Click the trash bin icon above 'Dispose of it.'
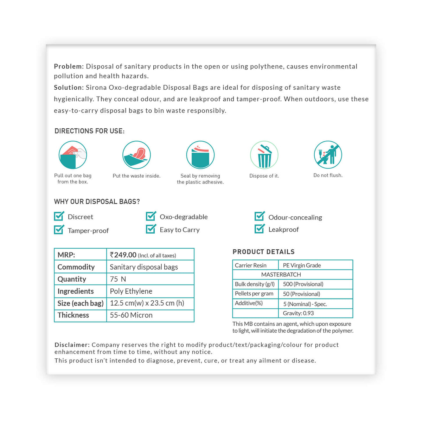(264, 155)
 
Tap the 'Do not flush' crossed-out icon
(328, 155)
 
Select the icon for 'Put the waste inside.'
(136, 155)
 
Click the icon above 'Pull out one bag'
(73, 155)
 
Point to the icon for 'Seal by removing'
(200, 155)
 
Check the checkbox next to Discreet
(59, 216)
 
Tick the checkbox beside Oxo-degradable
(151, 216)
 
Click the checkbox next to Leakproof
(260, 229)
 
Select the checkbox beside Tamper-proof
(59, 230)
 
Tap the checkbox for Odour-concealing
(260, 216)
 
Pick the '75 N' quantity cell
(118, 279)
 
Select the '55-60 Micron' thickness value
(131, 315)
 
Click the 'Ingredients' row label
(76, 291)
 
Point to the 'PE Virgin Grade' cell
(302, 265)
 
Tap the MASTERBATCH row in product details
(281, 275)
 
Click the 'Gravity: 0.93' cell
(298, 313)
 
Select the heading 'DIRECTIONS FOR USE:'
(89, 131)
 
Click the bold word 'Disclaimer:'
(72, 345)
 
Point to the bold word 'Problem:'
(69, 66)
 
